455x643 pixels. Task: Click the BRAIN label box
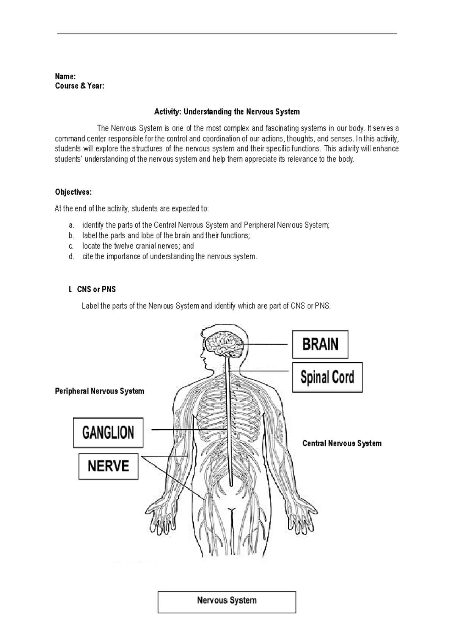(320, 344)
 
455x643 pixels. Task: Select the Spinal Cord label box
(327, 377)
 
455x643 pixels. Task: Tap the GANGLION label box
(108, 433)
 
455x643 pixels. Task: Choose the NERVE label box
(108, 466)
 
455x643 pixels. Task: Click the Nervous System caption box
(227, 602)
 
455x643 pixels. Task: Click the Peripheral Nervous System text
(100, 391)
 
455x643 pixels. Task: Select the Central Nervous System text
(342, 443)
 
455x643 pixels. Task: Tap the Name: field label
(66, 76)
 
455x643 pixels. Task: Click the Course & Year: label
(80, 86)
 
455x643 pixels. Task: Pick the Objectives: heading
(73, 192)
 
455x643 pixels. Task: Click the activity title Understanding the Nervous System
(227, 112)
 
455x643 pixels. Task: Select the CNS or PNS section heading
(96, 289)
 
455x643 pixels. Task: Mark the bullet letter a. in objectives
(71, 225)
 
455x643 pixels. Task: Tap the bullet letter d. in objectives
(71, 257)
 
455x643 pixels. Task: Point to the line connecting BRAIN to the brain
(265, 344)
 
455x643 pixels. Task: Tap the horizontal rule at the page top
(227, 33)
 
